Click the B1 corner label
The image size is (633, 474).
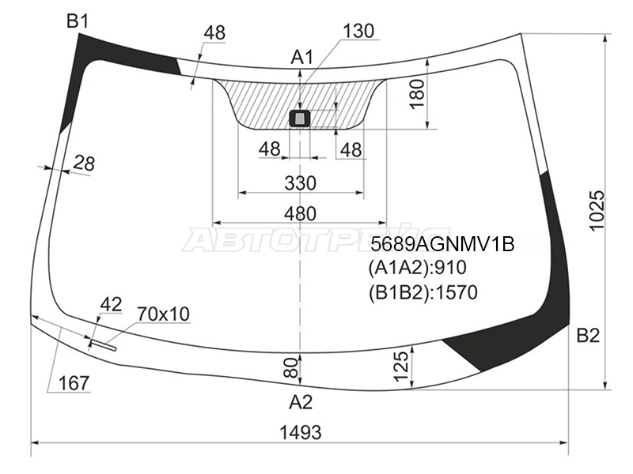(78, 21)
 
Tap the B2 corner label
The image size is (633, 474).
(588, 335)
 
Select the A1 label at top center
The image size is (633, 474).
(302, 58)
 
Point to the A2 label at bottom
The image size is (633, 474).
(301, 402)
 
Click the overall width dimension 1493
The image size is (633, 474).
(301, 432)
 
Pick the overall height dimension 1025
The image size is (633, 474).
(597, 210)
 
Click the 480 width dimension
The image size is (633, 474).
(300, 213)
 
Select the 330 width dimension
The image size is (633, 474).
(301, 183)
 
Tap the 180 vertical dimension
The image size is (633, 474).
(418, 93)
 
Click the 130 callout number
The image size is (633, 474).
(358, 31)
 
